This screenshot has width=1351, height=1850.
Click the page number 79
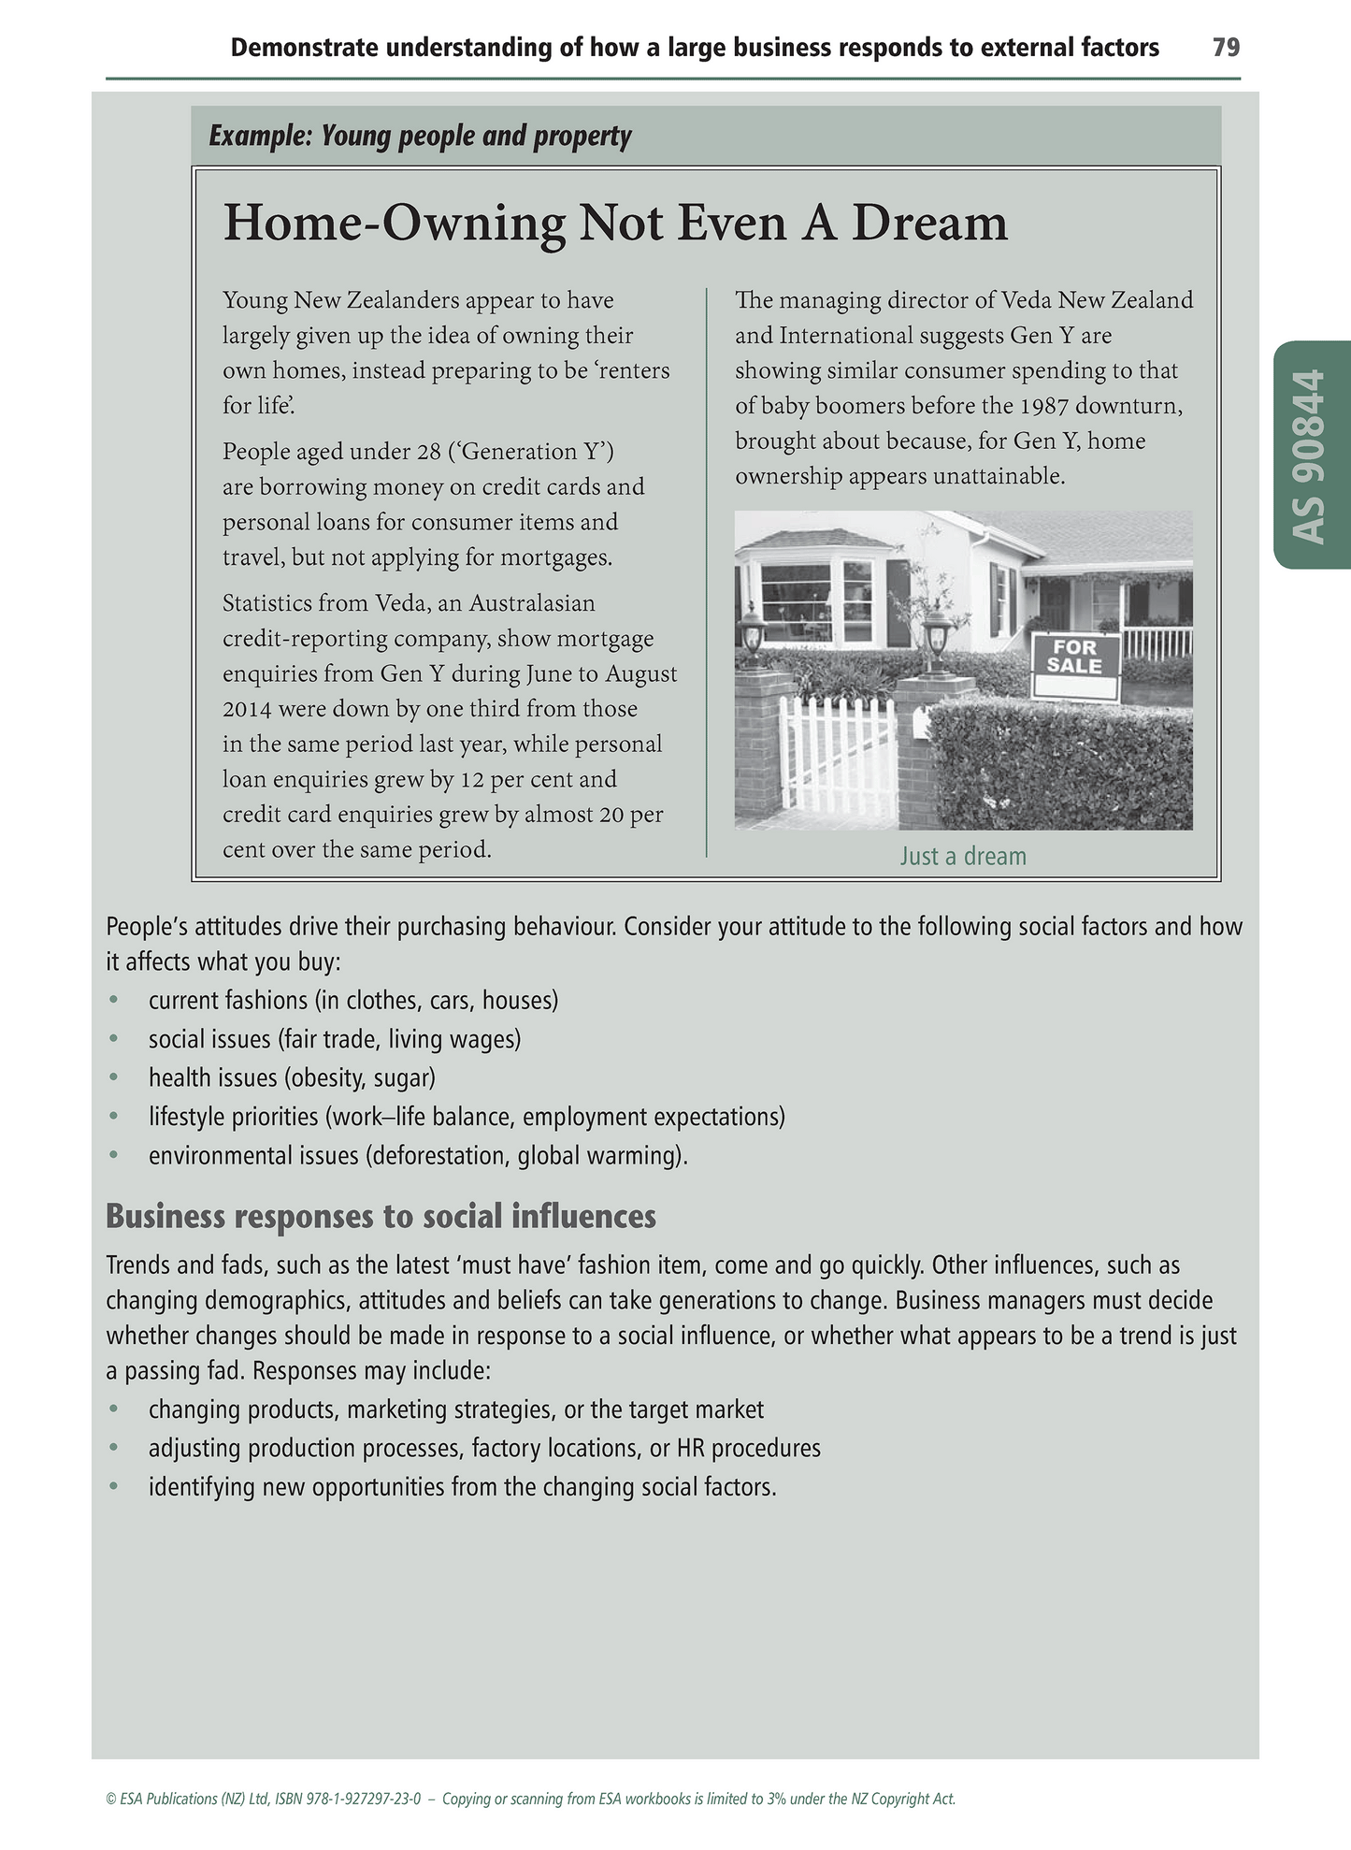(1226, 48)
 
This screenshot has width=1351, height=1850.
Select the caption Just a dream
(963, 857)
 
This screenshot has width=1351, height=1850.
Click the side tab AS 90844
(1313, 455)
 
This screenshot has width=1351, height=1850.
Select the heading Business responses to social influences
(381, 1216)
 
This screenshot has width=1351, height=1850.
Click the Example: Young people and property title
(420, 137)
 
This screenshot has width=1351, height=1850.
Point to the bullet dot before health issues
(114, 1077)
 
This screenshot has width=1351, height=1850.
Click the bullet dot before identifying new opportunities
(114, 1487)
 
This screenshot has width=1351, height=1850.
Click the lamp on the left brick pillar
(753, 627)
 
